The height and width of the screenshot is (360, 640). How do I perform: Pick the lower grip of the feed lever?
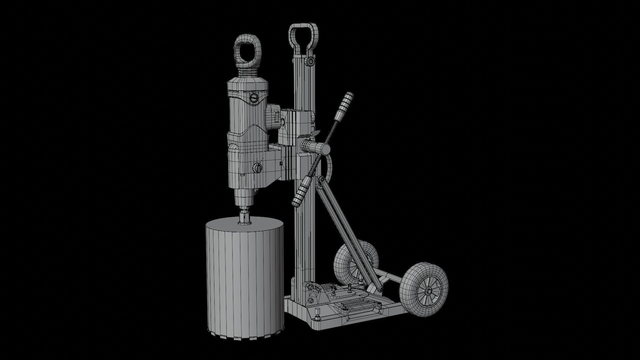302,191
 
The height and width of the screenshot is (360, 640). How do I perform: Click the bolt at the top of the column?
310,62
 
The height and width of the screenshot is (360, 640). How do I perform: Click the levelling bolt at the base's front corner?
317,314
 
